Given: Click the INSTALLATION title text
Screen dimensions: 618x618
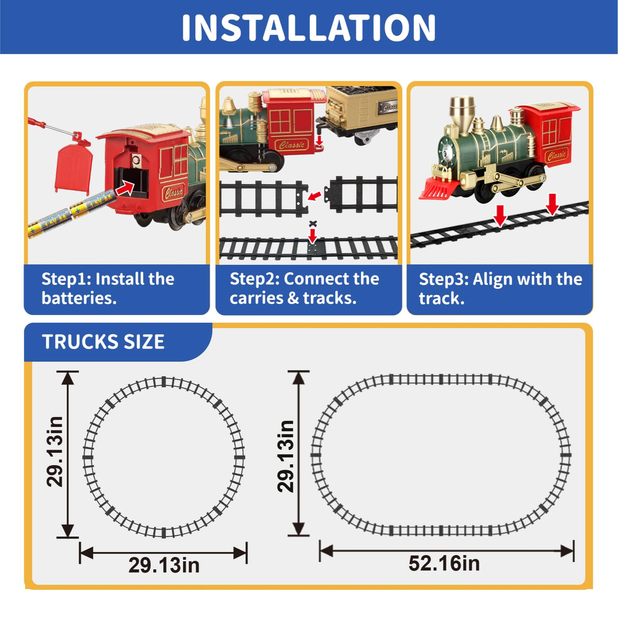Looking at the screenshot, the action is tap(308, 27).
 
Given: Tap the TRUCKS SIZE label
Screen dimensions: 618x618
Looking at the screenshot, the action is tap(103, 342).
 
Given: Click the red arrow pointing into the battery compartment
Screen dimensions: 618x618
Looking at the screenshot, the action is tap(125, 188).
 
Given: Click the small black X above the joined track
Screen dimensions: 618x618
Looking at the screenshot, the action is tap(314, 223).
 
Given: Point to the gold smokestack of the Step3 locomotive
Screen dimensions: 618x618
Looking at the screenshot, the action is tap(462, 111).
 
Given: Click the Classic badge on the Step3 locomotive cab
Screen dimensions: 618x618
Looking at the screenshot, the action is tap(556, 155).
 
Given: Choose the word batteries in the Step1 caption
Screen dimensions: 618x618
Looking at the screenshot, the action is tap(79, 298).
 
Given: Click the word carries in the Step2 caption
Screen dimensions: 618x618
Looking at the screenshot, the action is tap(256, 299).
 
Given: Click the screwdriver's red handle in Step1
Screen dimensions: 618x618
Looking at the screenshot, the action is tap(36, 122).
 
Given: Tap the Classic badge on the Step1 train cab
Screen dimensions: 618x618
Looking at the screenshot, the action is tap(173, 192).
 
